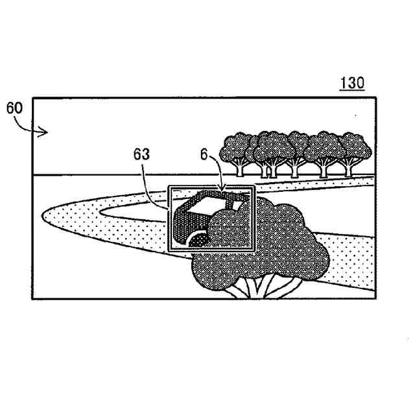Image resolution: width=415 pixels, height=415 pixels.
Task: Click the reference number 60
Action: coord(14,108)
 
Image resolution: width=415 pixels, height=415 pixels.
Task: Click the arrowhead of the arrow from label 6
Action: coord(224,191)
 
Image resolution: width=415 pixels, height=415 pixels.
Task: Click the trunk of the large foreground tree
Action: coord(257,286)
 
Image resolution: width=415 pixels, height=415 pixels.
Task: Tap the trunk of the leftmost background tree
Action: coord(240,170)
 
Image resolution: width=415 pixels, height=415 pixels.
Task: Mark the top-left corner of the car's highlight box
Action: coord(168,187)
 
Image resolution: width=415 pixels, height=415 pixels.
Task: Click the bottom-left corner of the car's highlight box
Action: coord(168,250)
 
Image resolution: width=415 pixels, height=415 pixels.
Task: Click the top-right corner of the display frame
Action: coord(375,98)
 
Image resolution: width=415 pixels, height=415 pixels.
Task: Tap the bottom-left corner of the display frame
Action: coord(32,298)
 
